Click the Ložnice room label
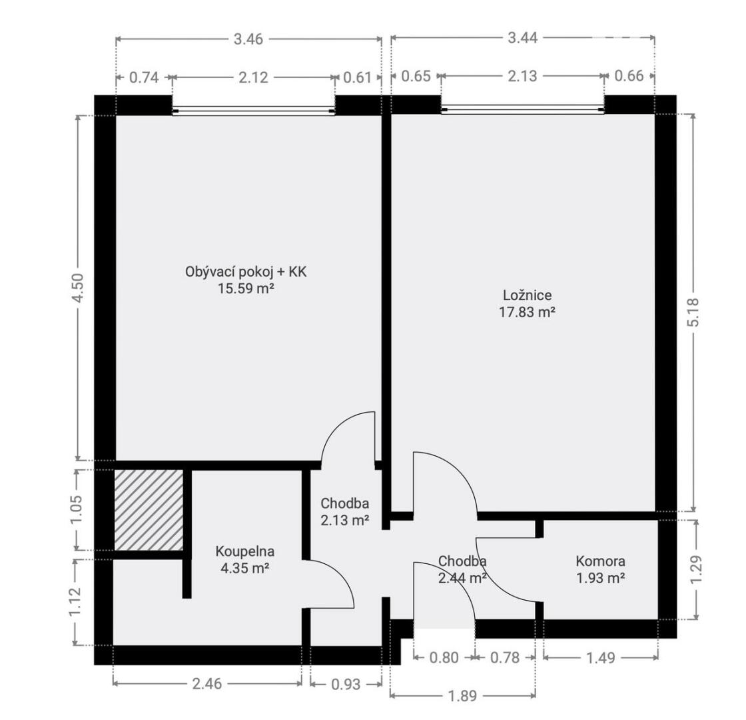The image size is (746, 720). (x=527, y=295)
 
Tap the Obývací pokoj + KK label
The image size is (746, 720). (x=246, y=272)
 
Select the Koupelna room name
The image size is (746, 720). (x=245, y=551)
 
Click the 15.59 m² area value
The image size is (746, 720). (x=246, y=289)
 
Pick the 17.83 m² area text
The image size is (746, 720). (x=527, y=312)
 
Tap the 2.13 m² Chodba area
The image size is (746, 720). (x=345, y=521)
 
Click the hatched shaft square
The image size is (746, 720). (x=149, y=510)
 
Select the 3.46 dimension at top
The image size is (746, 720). (x=248, y=39)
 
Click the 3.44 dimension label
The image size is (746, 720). (x=522, y=37)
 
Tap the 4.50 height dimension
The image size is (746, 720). (x=79, y=287)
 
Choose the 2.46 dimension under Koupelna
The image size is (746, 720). (x=207, y=684)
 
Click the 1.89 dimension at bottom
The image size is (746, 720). (x=462, y=696)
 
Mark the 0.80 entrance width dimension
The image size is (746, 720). (x=444, y=657)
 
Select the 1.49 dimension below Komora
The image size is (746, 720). (x=600, y=657)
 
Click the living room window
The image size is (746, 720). (x=254, y=111)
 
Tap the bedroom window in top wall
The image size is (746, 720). (x=523, y=110)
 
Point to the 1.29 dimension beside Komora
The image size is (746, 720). (x=695, y=569)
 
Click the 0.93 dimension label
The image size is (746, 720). (x=346, y=684)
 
